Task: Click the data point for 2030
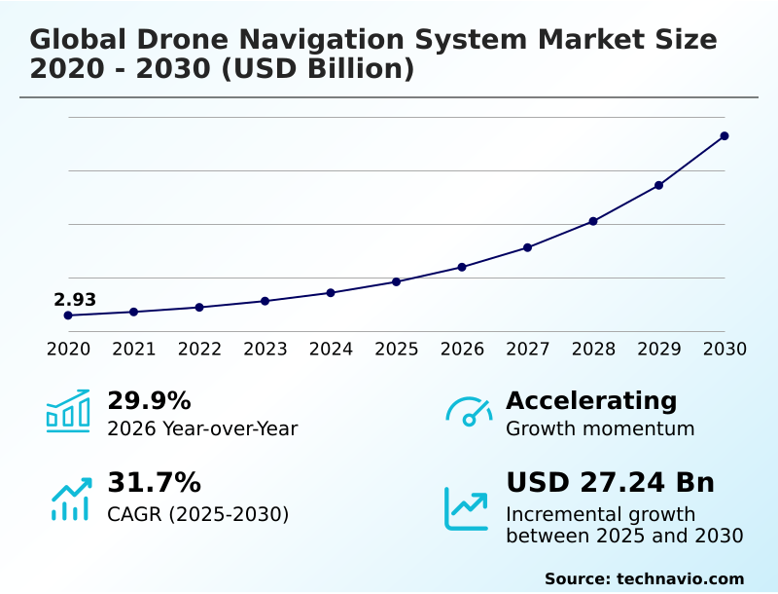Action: (725, 136)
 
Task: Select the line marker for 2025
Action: (397, 281)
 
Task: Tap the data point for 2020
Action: (68, 316)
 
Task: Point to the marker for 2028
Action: (593, 221)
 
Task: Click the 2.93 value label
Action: (75, 300)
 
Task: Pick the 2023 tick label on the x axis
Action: (265, 349)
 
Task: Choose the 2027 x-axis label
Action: (528, 349)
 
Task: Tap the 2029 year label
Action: (659, 349)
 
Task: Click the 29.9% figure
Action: (149, 401)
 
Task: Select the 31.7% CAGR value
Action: (154, 483)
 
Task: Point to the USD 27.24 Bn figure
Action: (610, 483)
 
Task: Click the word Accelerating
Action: (591, 401)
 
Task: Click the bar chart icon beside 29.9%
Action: (68, 411)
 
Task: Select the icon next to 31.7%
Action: (70, 498)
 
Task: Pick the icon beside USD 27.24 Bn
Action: (467, 508)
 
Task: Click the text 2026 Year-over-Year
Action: (202, 428)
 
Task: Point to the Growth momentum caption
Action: (600, 428)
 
